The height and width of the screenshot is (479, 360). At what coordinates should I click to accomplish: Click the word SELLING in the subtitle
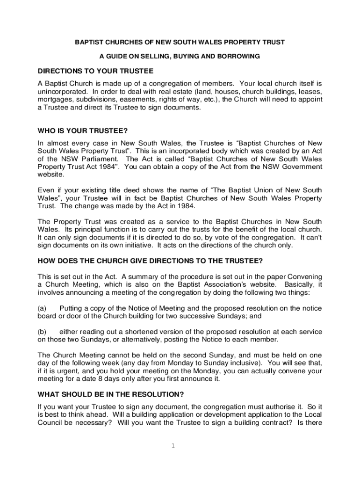(x=156, y=56)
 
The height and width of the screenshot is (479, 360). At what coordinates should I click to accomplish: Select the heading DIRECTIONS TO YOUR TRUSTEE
(x=95, y=71)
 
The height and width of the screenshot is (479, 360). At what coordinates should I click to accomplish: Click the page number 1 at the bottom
(x=173, y=445)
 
